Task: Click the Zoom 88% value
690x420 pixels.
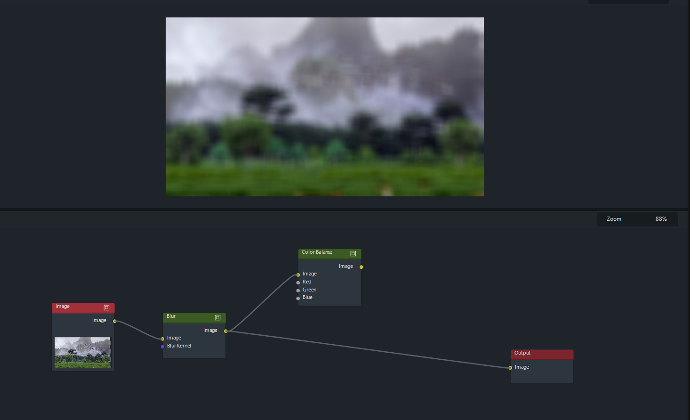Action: point(661,219)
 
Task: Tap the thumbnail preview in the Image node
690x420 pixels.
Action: point(83,352)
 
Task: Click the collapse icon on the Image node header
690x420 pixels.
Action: point(106,307)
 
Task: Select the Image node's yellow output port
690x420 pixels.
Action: point(115,321)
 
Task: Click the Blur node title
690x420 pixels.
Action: point(171,316)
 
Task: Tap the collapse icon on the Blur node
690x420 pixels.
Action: point(217,317)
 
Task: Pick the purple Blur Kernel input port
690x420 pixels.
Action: point(163,347)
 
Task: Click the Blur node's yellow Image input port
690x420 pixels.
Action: point(163,339)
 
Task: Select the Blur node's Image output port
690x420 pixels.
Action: point(226,331)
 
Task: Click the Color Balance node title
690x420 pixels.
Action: point(317,252)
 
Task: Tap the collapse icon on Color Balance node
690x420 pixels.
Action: point(353,253)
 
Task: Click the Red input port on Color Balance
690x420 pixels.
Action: point(298,283)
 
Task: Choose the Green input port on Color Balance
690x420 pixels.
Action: point(298,291)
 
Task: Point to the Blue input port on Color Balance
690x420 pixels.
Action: point(298,298)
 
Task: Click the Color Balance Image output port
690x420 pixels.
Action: point(361,267)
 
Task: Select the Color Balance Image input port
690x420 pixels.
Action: point(298,275)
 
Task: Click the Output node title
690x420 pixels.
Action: point(522,353)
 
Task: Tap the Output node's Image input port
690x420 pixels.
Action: point(510,368)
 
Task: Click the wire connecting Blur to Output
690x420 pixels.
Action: point(367,349)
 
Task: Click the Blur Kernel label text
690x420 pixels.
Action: point(179,346)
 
